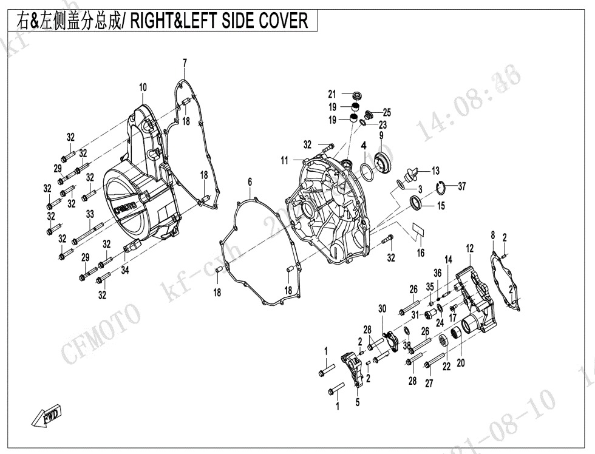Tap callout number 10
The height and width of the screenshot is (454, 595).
pos(143,88)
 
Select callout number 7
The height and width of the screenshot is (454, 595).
pos(185,63)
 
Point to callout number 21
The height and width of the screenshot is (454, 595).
pos(332,94)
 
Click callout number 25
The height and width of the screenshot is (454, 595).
pos(387,112)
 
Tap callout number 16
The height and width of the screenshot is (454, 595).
pos(421,253)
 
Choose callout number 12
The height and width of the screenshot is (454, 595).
pos(470,248)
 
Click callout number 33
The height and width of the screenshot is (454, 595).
pos(90,214)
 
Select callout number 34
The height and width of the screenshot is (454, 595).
pos(125,271)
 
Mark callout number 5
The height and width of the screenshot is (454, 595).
pos(358,401)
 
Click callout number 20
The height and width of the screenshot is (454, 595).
pos(461,363)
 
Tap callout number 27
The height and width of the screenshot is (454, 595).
pos(429,384)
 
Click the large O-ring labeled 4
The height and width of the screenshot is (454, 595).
pos(367,171)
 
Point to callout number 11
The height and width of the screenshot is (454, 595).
pos(285,160)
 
